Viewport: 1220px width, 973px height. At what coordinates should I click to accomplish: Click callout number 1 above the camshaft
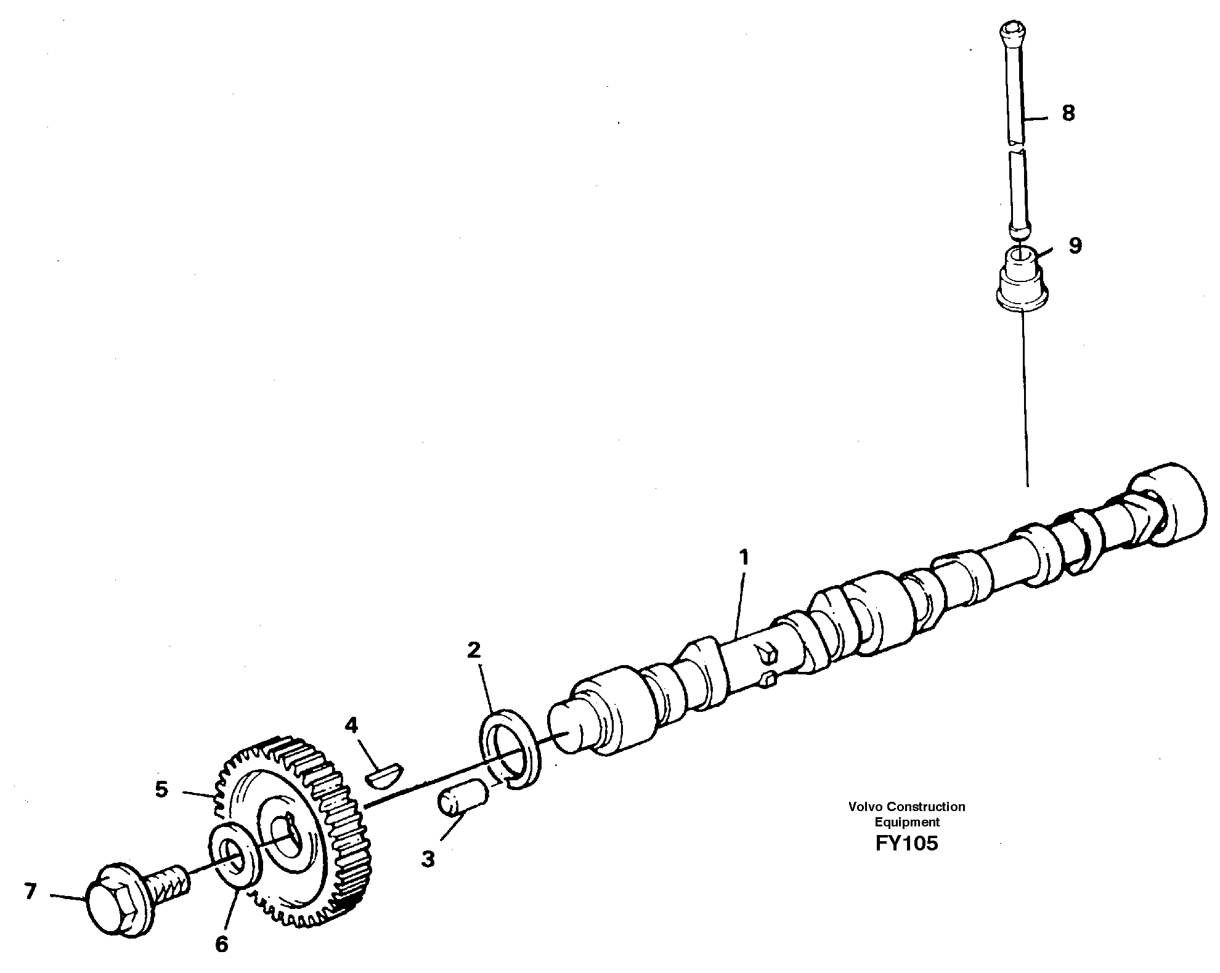744,558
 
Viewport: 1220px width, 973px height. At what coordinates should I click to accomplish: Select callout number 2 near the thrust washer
473,650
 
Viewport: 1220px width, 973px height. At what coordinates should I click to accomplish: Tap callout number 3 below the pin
428,859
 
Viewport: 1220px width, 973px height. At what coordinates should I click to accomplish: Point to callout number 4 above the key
351,725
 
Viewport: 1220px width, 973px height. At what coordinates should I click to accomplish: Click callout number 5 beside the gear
161,789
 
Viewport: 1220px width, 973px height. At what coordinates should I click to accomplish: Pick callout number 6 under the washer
221,944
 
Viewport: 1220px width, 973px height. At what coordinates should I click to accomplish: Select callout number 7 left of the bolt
30,891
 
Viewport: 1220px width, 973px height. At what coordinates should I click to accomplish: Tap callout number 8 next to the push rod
1068,113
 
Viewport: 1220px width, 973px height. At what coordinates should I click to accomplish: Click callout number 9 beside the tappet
1075,246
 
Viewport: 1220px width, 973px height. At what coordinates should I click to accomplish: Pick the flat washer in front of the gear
238,856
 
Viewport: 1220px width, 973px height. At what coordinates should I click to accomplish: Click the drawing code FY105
906,843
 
